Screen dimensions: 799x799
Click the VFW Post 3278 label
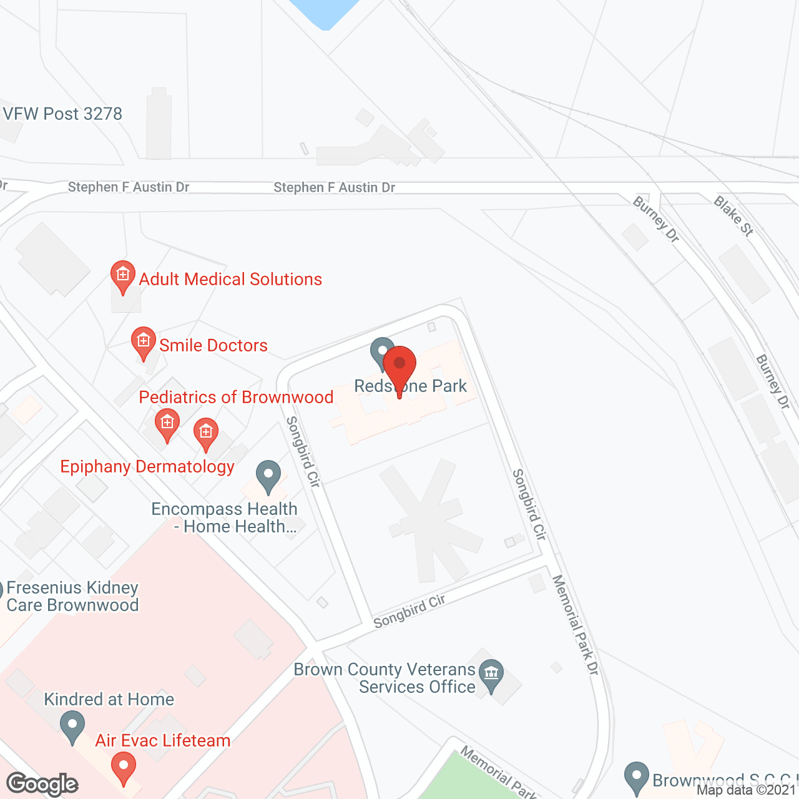click(x=62, y=114)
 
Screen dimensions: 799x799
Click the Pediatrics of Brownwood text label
click(x=236, y=397)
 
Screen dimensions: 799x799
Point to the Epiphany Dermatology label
click(x=147, y=467)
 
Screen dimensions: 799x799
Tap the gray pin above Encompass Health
click(x=268, y=477)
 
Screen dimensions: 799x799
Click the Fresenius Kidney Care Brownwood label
click(x=72, y=596)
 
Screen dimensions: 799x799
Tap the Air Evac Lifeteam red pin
click(x=124, y=768)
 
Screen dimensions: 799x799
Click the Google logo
click(x=42, y=784)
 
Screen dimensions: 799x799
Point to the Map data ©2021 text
click(x=747, y=790)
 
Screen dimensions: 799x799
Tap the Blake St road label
click(x=733, y=216)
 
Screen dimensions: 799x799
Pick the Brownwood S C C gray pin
click(x=637, y=778)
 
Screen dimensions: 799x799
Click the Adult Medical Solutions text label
click(x=230, y=279)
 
